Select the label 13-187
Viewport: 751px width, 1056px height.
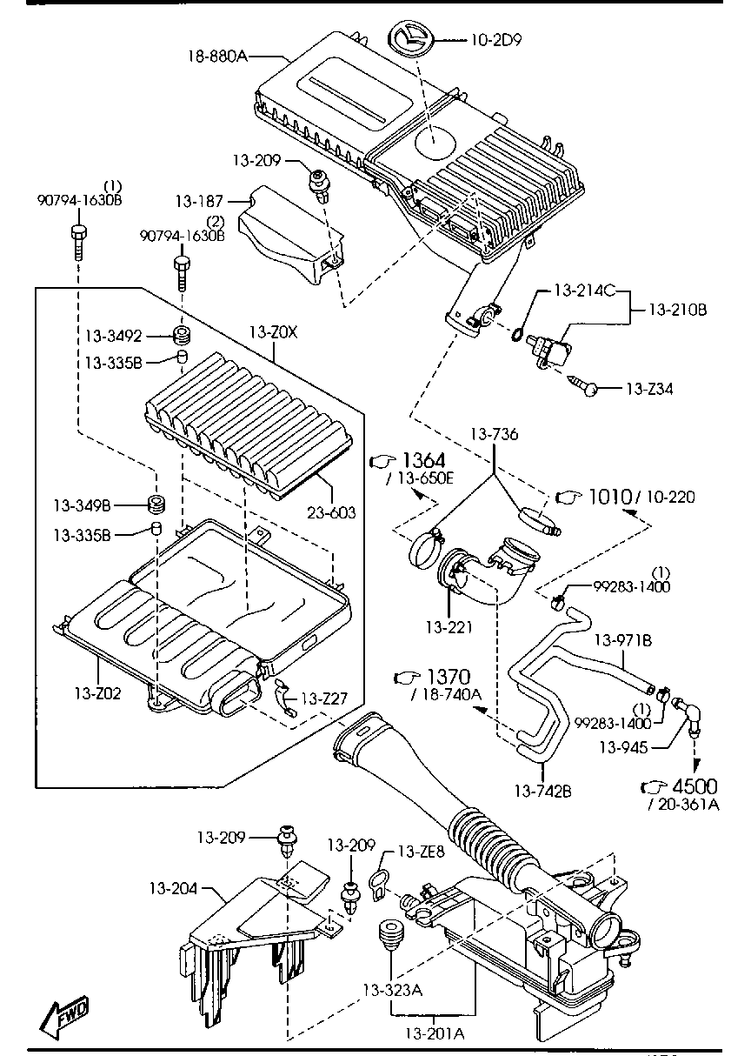point(200,202)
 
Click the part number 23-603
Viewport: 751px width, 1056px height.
point(330,513)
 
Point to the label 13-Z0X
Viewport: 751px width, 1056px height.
point(273,332)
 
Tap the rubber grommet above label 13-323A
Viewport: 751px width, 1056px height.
point(390,939)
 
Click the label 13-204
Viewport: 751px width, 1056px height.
point(174,888)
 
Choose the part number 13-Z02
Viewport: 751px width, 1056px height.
point(97,693)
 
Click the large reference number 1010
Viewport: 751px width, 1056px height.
point(609,496)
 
